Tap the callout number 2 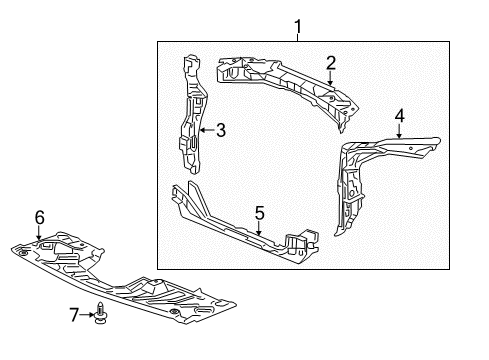point(330,63)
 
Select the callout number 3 point(221,129)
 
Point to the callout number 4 point(399,116)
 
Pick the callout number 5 point(259,212)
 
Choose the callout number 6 point(40,216)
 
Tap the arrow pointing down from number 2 point(330,77)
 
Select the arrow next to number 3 point(206,129)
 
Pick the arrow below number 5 point(259,228)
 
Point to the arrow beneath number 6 point(40,232)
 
